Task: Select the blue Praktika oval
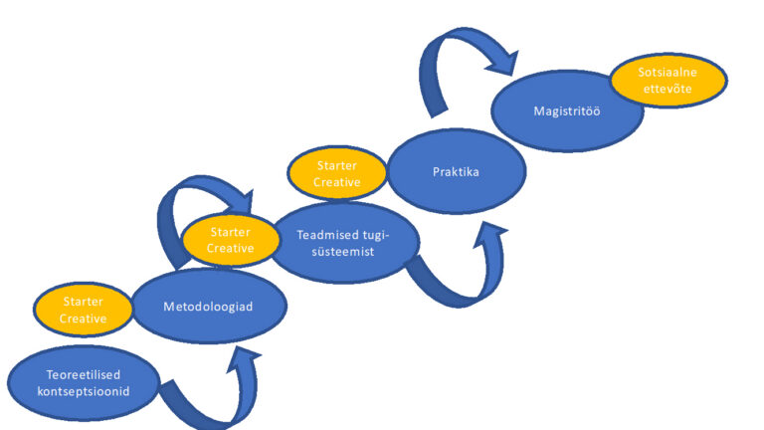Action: (x=456, y=171)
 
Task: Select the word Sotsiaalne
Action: (x=666, y=73)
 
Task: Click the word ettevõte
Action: (x=666, y=90)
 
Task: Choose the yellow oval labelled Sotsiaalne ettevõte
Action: (x=666, y=81)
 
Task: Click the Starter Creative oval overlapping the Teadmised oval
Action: (x=230, y=240)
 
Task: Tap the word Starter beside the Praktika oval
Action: (x=336, y=165)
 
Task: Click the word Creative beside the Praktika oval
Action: (x=336, y=182)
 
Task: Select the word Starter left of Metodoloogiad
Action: (x=84, y=301)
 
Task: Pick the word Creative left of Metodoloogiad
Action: (x=84, y=318)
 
